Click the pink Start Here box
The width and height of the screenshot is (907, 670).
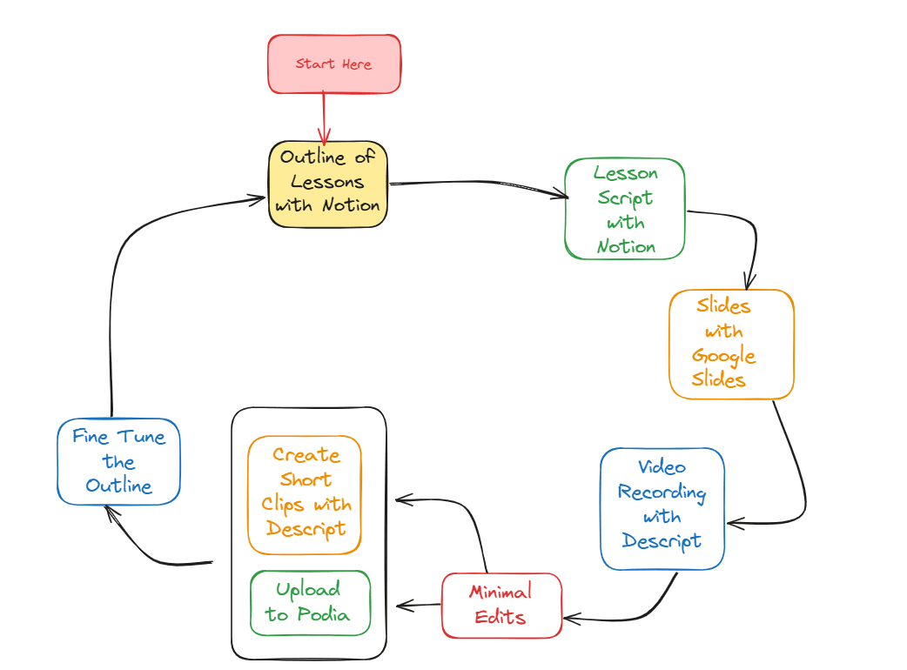(x=333, y=64)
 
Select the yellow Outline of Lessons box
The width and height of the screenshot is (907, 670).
(x=327, y=184)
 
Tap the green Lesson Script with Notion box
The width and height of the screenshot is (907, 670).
(x=624, y=209)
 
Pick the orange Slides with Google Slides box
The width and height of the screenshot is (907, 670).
(x=731, y=344)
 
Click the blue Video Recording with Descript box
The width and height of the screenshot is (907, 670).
(x=662, y=509)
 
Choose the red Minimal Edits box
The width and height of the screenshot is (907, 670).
(x=501, y=605)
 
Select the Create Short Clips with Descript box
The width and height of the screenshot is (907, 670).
(x=305, y=494)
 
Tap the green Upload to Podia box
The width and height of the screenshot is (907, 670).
(x=310, y=603)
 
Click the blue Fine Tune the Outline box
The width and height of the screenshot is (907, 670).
(x=118, y=461)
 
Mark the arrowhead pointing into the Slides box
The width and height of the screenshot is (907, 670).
(x=747, y=284)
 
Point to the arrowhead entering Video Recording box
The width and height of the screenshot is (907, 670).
(x=733, y=523)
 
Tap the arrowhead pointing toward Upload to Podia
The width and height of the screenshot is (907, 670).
(x=402, y=605)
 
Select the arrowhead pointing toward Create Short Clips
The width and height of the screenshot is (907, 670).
(x=402, y=499)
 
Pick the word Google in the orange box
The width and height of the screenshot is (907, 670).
(x=723, y=356)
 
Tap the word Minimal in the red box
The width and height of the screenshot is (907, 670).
(x=501, y=593)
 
